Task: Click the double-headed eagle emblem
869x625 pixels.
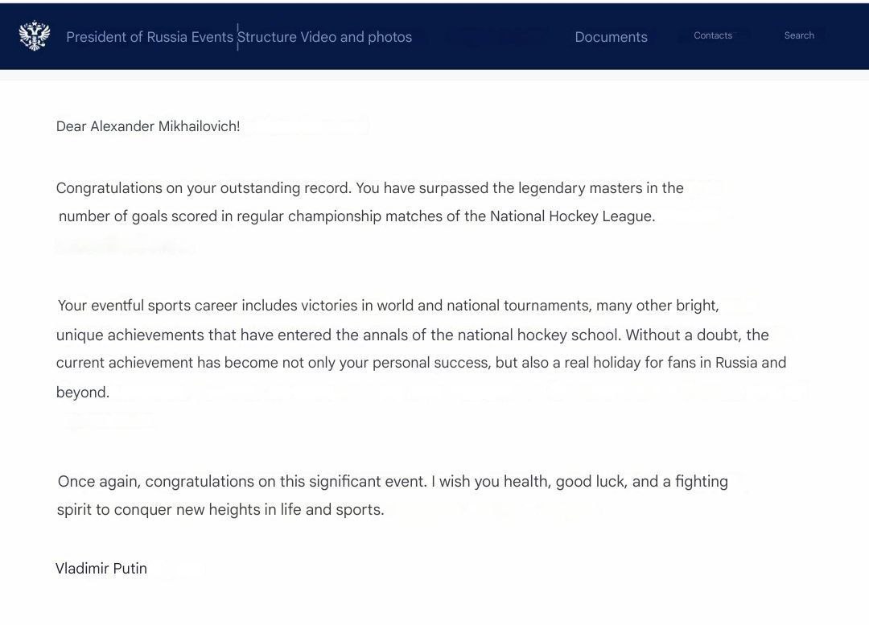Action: pyautogui.click(x=35, y=36)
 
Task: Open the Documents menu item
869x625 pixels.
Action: pyautogui.click(x=611, y=37)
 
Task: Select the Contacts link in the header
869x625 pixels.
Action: pyautogui.click(x=713, y=35)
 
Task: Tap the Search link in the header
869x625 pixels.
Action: pyautogui.click(x=799, y=35)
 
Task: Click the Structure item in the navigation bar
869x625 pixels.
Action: pyautogui.click(x=267, y=37)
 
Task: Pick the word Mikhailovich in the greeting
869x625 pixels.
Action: pyautogui.click(x=199, y=126)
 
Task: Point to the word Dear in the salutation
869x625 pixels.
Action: pyautogui.click(x=71, y=126)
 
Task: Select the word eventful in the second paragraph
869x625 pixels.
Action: pyautogui.click(x=117, y=306)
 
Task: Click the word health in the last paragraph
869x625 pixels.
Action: pyautogui.click(x=526, y=482)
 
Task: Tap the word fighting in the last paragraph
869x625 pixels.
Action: pyautogui.click(x=702, y=482)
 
